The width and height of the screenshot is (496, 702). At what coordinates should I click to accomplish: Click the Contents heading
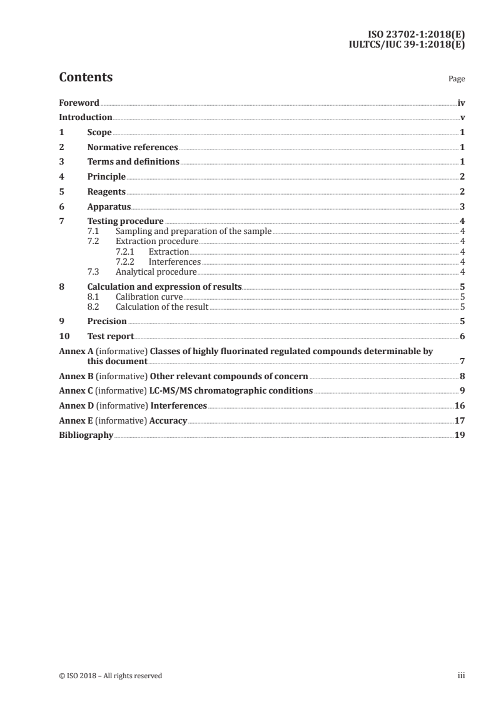point(86,78)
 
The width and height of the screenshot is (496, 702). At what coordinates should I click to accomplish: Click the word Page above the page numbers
point(457,79)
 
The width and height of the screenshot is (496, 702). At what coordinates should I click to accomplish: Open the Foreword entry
point(79,103)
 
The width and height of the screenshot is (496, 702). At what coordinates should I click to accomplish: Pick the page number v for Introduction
point(462,118)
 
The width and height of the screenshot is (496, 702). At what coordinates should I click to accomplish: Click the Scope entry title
point(99,133)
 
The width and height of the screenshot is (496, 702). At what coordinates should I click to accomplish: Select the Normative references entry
point(133,148)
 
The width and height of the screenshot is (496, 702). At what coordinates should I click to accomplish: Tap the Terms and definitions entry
point(133,162)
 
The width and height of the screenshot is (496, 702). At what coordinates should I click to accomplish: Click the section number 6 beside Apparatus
point(61,206)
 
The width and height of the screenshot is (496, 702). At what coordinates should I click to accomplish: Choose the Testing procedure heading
point(125,221)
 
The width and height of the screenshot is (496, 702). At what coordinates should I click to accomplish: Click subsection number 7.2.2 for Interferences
point(127,262)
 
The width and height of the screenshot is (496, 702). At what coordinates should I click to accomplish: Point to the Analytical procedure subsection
point(156,272)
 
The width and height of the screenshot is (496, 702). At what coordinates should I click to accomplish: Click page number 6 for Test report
point(462,337)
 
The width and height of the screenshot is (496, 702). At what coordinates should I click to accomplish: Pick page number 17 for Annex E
point(459,421)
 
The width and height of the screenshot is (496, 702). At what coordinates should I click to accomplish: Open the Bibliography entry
point(86,435)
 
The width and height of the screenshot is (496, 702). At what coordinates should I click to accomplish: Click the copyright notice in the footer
point(110,676)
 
